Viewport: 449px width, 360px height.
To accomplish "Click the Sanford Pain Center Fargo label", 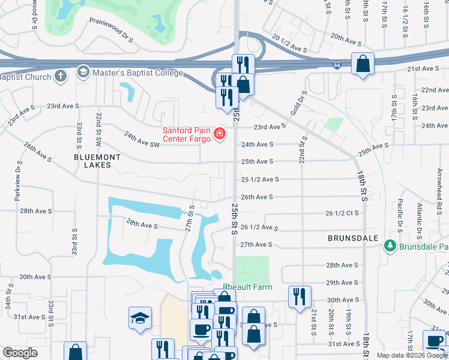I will point(186,135).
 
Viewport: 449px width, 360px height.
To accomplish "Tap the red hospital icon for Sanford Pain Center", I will point(220,134).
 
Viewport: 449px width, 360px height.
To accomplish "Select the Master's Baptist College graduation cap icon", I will point(83,73).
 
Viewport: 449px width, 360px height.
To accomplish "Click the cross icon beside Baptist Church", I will point(60,76).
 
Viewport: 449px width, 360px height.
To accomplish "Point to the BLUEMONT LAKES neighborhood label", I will point(97,161).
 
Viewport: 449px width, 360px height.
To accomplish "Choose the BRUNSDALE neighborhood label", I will point(353,238).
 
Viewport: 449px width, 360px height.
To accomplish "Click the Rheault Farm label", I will point(247,287).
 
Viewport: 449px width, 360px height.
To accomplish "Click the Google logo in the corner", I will point(20,353).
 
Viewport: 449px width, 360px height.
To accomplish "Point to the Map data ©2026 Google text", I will point(411,355).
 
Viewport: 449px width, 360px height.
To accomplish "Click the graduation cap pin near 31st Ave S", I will point(140,317).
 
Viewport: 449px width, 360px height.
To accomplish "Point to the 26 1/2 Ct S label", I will point(342,213).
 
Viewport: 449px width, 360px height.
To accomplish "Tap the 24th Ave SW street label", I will point(142,140).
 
